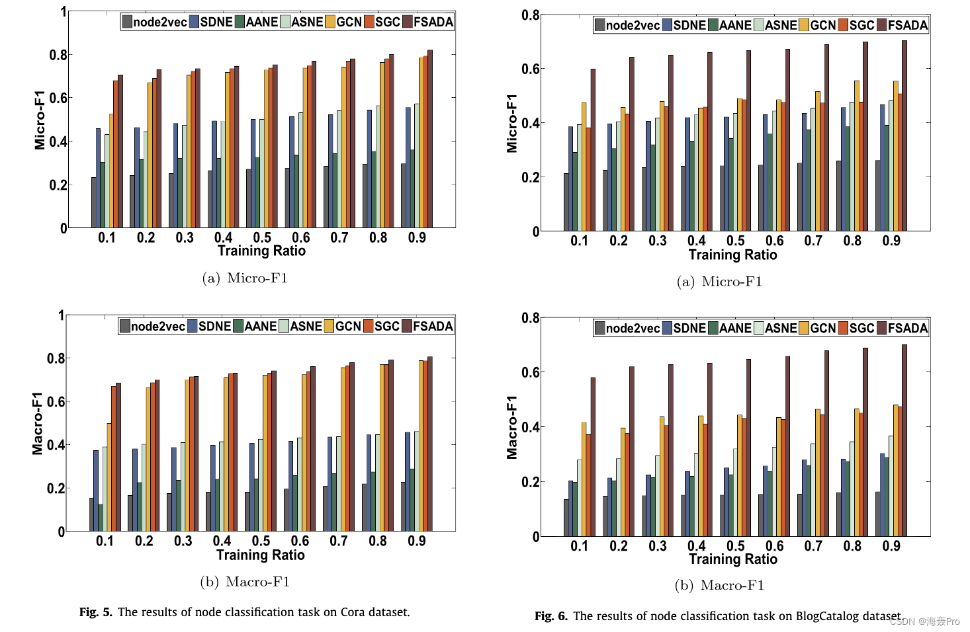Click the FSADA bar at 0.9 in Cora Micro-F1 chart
point(430,139)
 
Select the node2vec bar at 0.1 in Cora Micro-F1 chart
point(94,202)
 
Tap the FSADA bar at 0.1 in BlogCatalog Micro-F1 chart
point(593,150)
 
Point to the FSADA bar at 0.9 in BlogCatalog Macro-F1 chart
point(904,440)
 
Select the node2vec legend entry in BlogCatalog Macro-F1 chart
point(627,329)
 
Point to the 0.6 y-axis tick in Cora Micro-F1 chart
point(58,98)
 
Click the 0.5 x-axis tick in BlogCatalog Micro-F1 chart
point(735,241)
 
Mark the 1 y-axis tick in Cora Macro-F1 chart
point(61,315)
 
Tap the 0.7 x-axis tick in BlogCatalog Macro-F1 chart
point(813,546)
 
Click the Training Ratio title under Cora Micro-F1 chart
point(261,251)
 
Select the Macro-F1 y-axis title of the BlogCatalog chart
point(512,427)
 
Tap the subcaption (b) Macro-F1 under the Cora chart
point(245,582)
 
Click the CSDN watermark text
point(924,621)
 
